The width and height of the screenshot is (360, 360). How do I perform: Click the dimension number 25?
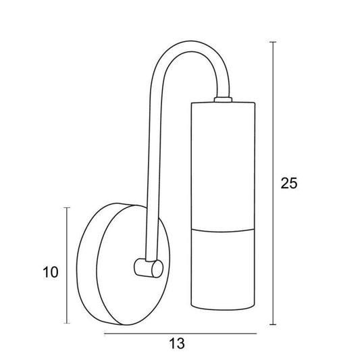pos(289,183)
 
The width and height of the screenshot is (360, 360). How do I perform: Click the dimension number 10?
pos(51,272)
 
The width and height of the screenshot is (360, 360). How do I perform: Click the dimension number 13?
pos(177,344)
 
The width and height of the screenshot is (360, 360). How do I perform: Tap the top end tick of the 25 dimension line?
pos(273,43)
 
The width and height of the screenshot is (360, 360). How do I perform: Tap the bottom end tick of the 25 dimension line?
pos(273,324)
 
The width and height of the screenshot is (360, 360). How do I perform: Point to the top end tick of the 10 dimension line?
pos(67,207)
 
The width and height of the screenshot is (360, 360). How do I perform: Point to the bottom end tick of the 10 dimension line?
pos(67,324)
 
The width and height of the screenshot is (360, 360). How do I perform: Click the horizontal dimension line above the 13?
pos(180,334)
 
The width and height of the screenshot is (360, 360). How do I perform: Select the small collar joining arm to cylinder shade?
pos(223,99)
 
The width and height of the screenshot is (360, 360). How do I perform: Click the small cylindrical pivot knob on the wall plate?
pos(149,268)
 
